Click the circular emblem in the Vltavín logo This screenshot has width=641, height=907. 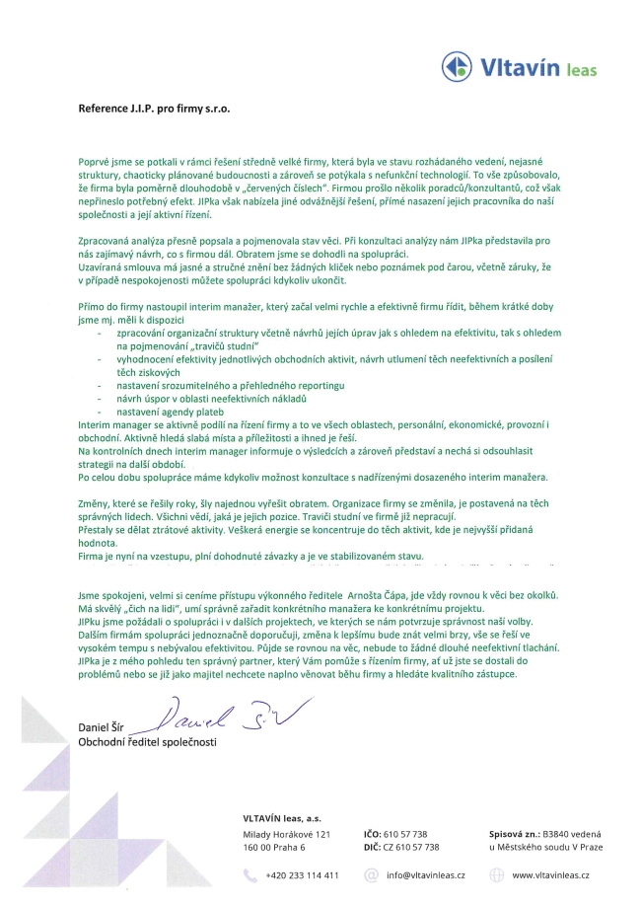[x=458, y=67]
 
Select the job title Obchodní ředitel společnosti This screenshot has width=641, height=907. [x=147, y=741]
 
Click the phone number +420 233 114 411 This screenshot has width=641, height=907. [x=303, y=874]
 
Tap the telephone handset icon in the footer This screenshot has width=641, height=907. [x=250, y=874]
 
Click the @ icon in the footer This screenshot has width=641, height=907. [x=371, y=874]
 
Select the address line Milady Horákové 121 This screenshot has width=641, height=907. [x=285, y=833]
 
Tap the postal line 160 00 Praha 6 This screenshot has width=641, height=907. [x=274, y=846]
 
